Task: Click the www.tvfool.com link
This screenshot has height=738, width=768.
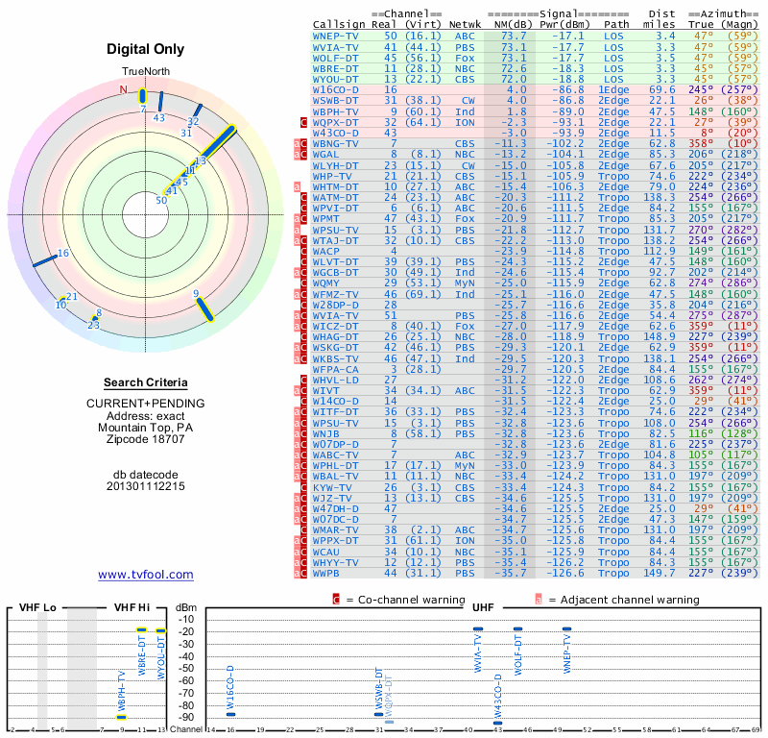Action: pyautogui.click(x=146, y=575)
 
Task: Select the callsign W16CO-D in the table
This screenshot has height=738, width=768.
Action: pyautogui.click(x=336, y=88)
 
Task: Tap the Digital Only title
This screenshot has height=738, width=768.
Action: pyautogui.click(x=146, y=49)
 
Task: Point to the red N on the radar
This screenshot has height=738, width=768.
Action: pyautogui.click(x=123, y=90)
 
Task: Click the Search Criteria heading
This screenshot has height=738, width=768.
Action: pyautogui.click(x=146, y=382)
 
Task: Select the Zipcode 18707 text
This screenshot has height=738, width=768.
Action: pyautogui.click(x=146, y=439)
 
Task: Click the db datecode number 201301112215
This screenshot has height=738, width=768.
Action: pyautogui.click(x=146, y=486)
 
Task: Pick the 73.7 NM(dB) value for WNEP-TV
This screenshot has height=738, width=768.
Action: pyautogui.click(x=512, y=35)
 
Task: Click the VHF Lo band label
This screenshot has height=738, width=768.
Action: pyautogui.click(x=37, y=607)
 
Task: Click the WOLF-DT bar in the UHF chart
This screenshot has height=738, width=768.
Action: pyautogui.click(x=518, y=629)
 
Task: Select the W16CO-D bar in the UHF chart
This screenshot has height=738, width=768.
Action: pyautogui.click(x=230, y=713)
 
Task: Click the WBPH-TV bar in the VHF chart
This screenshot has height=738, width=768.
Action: pyautogui.click(x=121, y=717)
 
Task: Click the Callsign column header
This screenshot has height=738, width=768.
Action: pyautogui.click(x=339, y=23)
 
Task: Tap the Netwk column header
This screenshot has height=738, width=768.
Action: pyautogui.click(x=464, y=23)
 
